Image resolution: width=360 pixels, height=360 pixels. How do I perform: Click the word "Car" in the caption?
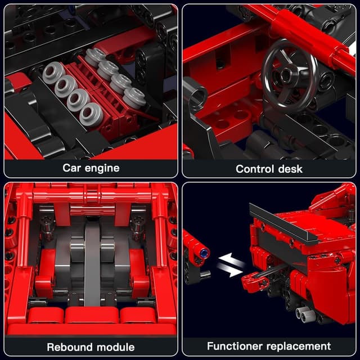[71, 168]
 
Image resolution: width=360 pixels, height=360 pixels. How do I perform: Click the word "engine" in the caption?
[102, 169]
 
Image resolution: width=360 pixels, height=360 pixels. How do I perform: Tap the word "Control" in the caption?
[255, 169]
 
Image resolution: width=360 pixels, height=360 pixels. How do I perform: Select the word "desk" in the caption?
[290, 169]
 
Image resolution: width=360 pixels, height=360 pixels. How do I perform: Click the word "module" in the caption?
[116, 347]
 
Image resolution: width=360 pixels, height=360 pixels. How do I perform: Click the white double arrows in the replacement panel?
[230, 264]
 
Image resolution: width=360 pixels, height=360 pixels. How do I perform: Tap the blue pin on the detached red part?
[204, 253]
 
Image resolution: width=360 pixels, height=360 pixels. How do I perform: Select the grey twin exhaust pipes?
[306, 314]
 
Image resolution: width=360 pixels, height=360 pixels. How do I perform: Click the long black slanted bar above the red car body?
[285, 223]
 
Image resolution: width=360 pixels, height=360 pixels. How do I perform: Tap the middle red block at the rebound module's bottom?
[92, 315]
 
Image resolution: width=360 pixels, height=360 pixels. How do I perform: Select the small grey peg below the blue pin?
[205, 274]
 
